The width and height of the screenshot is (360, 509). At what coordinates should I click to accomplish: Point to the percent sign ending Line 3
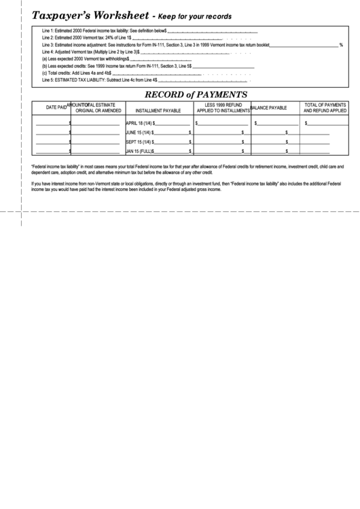pyautogui.click(x=341, y=45)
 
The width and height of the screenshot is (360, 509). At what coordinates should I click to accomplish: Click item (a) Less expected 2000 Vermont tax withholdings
pyautogui.click(x=86, y=59)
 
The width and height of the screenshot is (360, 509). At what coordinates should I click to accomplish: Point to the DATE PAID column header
pyautogui.click(x=56, y=107)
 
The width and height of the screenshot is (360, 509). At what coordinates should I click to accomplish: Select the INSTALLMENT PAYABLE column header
pyautogui.click(x=158, y=109)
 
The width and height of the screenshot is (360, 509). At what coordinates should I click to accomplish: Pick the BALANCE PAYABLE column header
pyautogui.click(x=270, y=108)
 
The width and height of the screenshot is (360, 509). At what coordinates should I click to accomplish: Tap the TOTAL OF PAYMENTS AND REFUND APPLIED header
pyautogui.click(x=325, y=107)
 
